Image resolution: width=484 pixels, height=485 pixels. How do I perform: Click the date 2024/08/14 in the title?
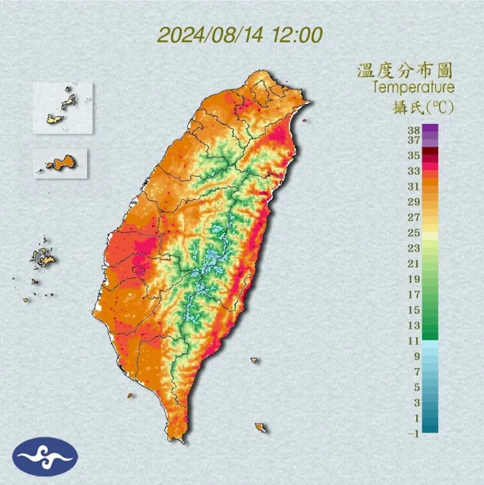click(x=209, y=34)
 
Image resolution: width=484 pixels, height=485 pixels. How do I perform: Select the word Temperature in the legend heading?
click(x=413, y=87)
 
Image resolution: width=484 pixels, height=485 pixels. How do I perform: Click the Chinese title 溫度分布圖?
click(x=406, y=70)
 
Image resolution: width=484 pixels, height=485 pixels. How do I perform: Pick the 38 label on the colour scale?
click(x=413, y=130)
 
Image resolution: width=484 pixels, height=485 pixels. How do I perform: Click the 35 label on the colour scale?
click(x=413, y=156)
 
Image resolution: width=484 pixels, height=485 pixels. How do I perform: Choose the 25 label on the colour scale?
click(x=413, y=232)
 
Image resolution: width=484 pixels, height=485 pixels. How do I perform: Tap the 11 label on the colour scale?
click(x=413, y=340)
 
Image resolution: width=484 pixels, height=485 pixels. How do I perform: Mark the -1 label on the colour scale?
click(x=412, y=433)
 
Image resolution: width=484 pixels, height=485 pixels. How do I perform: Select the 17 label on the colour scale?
click(x=413, y=294)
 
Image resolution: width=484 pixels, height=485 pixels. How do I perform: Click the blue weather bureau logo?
click(x=45, y=457)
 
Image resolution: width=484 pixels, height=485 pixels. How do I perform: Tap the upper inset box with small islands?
click(x=63, y=108)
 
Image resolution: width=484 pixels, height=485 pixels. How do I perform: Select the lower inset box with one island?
click(x=59, y=163)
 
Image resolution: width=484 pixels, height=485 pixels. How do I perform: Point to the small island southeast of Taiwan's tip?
click(x=260, y=427)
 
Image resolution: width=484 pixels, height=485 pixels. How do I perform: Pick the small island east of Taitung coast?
click(x=255, y=360)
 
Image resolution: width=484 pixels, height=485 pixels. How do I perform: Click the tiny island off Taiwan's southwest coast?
click(x=130, y=396)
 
